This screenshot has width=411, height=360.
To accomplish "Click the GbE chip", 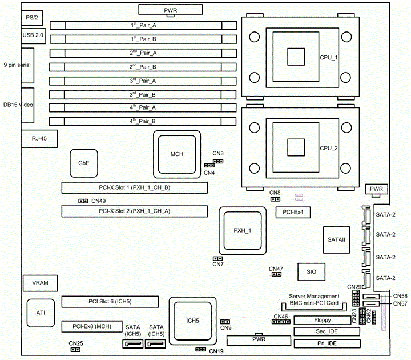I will (84, 163).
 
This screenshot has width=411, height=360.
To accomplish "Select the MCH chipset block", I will (176, 154).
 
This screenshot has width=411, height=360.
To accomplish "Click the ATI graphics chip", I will (41, 313).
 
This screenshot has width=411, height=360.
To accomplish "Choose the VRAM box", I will (40, 283).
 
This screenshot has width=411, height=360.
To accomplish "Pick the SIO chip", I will (311, 272).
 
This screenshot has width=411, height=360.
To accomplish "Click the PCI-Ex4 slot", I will (293, 213).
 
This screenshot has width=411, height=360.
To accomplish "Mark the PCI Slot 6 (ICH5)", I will (110, 301).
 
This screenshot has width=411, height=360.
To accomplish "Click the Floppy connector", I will (327, 320).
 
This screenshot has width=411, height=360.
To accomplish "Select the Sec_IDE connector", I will (327, 331).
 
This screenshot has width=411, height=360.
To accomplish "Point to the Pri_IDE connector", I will (327, 343).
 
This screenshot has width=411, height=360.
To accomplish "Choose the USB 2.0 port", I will (33, 35).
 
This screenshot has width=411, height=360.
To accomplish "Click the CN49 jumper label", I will (98, 201).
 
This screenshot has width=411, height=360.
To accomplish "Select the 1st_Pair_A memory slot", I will (143, 26).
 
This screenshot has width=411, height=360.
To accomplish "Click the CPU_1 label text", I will (328, 57).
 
